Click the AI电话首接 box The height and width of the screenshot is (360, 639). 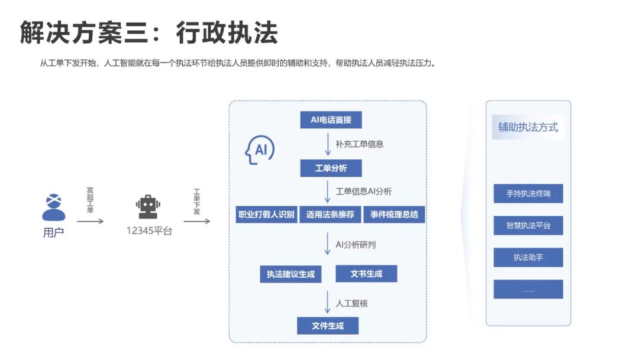click(331, 120)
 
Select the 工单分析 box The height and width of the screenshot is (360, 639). click(331, 168)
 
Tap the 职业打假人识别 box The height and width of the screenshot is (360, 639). click(266, 214)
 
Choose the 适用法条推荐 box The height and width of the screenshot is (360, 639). click(330, 214)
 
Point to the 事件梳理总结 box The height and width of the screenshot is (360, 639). click(394, 214)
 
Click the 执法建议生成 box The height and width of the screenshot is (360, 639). click(291, 274)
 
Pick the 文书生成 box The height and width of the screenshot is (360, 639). click(366, 274)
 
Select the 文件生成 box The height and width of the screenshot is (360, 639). click(328, 326)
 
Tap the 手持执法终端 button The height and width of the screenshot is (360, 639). click(528, 194)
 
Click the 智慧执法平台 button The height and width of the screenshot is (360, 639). click(528, 226)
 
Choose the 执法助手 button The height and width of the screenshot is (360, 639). click(528, 258)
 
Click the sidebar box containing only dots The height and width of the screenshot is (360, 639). click(528, 290)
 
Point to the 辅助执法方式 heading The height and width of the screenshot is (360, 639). click(528, 127)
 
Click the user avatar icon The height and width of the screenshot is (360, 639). click(53, 207)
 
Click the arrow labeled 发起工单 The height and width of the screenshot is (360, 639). click(91, 221)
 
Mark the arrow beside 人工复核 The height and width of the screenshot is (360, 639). click(327, 302)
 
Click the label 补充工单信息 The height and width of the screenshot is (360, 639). click(360, 144)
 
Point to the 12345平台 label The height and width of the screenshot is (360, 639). click(149, 232)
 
